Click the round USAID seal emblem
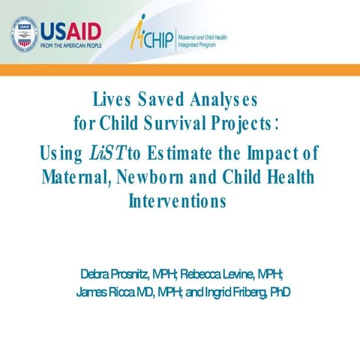[x=24, y=34]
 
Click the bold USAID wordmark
[x=71, y=31]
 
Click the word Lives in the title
[x=110, y=100]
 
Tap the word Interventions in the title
[x=177, y=202]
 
